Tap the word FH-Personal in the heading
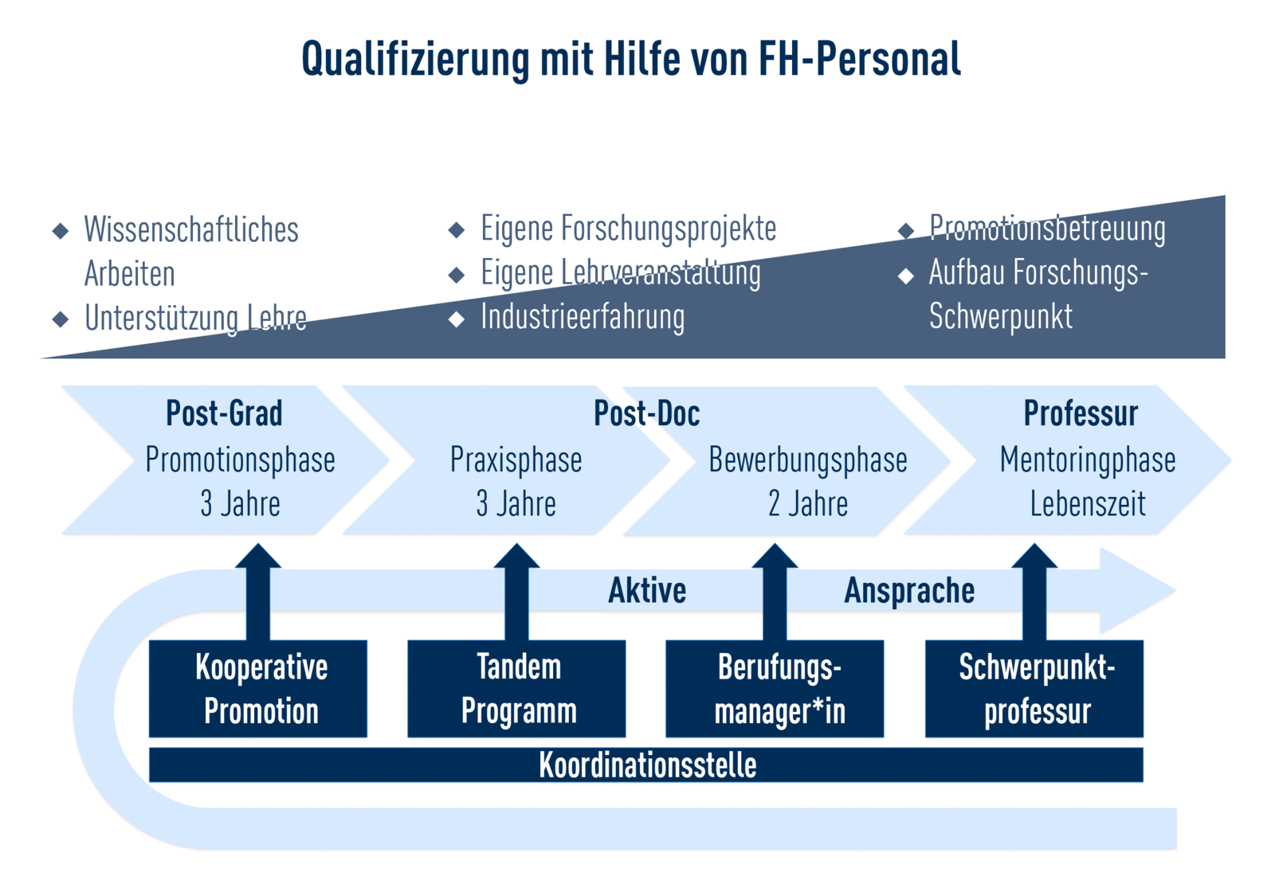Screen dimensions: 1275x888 pos(860,59)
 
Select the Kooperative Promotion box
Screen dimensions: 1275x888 pos(258,688)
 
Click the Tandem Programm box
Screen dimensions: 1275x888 pos(516,688)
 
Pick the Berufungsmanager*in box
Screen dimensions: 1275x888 pos(775,688)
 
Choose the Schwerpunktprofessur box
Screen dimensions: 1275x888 pos(1034,688)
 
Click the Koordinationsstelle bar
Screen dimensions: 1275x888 pos(646,765)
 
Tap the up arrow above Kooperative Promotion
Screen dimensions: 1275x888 pos(258,592)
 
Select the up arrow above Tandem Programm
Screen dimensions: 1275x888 pos(516,592)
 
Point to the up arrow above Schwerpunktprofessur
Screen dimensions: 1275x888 pos(1034,592)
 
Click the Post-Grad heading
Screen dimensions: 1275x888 pos(224,413)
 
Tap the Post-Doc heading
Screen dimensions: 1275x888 pos(646,413)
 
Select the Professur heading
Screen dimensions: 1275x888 pos(1081,413)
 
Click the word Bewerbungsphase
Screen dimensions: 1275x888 pos(808,460)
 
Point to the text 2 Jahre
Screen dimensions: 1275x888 pos(808,504)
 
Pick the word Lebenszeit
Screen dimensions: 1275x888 pos(1088,504)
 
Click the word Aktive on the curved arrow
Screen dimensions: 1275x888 pos(647,590)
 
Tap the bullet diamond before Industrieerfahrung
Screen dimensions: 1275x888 pos(457,319)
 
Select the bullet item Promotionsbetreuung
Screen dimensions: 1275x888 pos(1047,229)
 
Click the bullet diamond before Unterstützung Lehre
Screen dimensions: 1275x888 pos(61,319)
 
